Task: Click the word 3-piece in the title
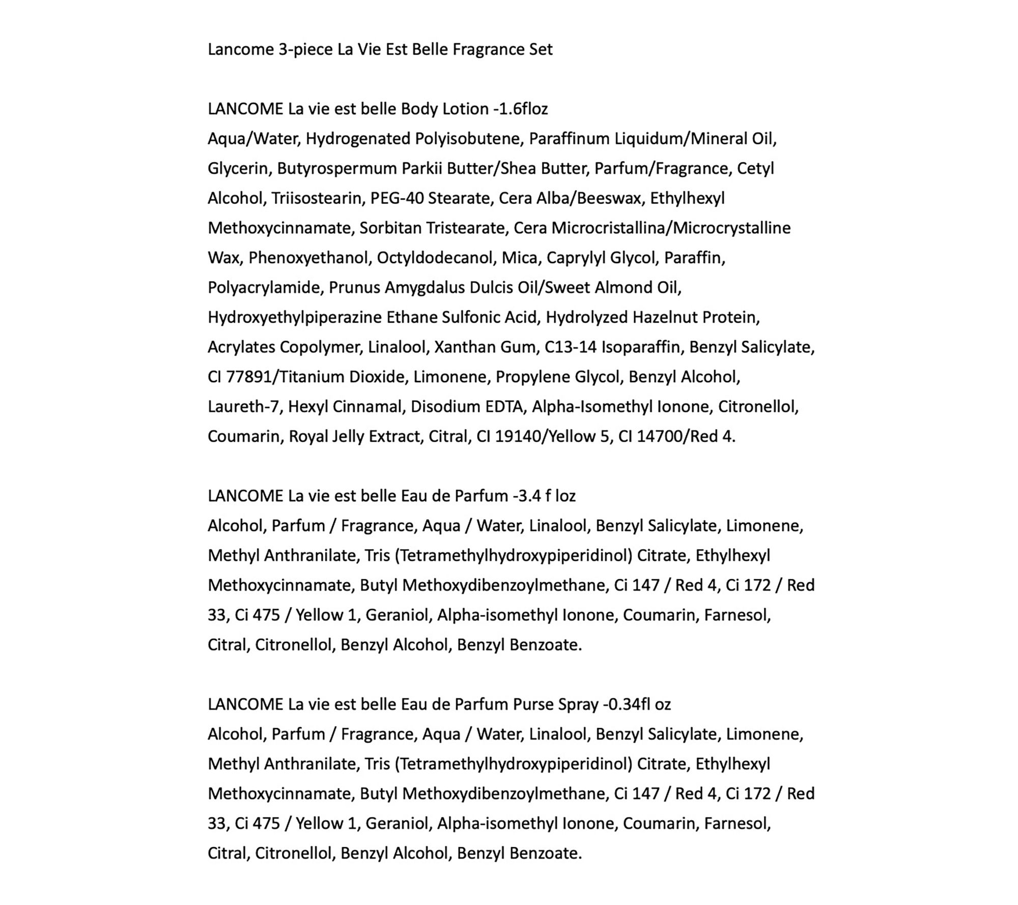coord(306,49)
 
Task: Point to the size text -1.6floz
coord(521,109)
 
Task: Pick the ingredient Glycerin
coord(238,168)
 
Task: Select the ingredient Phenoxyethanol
coord(308,258)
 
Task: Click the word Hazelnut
coord(665,318)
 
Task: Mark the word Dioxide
coord(378,377)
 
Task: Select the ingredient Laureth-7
coord(245,407)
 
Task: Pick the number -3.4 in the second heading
coord(527,496)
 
